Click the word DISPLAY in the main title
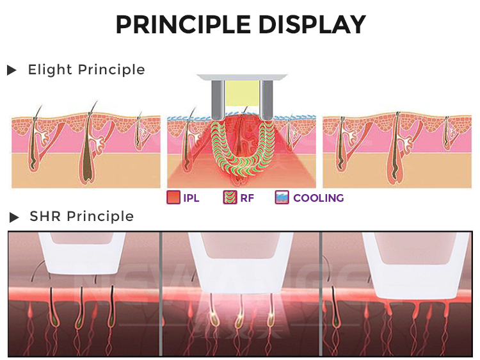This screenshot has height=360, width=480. coord(312,24)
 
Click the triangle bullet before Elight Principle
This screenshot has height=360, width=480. coord(12,70)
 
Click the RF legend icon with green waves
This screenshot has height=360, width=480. coord(230,198)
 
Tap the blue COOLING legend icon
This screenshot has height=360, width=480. coord(282,198)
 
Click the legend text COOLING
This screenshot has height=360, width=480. coord(318,198)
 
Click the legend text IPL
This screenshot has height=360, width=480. coord(191,198)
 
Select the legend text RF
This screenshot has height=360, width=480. coord(247,198)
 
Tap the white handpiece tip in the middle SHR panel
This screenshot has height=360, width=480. coord(240,259)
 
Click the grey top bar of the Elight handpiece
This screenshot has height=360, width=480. coord(240,78)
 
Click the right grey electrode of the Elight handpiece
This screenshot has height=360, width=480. coord(264,100)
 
